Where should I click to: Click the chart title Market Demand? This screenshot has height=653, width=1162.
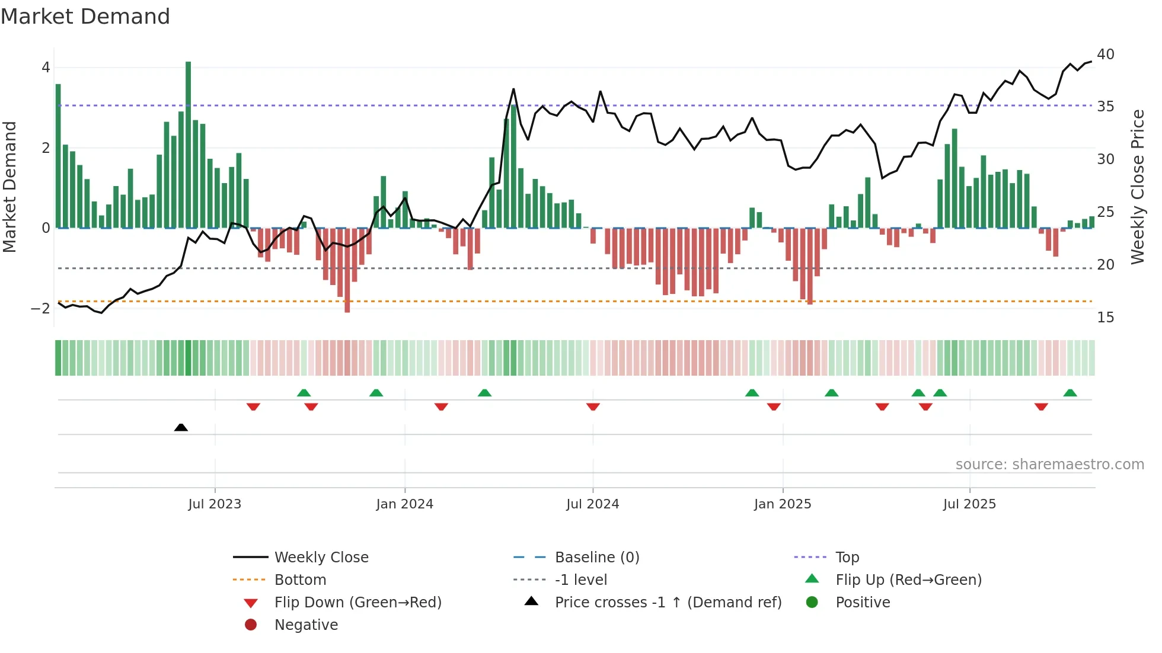(85, 17)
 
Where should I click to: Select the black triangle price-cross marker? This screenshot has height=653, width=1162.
(181, 427)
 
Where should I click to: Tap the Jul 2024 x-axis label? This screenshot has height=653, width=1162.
(592, 504)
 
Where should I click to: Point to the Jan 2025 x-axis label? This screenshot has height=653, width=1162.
(783, 504)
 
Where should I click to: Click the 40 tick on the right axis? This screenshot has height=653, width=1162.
(1105, 55)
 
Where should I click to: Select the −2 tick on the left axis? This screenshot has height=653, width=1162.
(40, 309)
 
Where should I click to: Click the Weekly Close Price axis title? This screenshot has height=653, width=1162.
(1137, 187)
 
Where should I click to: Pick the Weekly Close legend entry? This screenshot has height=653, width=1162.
(321, 558)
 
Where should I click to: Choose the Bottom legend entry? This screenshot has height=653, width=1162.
(300, 580)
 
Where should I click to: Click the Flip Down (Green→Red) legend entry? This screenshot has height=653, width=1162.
(357, 603)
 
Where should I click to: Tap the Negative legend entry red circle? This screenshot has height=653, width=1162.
(251, 625)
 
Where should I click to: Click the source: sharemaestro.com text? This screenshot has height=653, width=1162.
(1049, 465)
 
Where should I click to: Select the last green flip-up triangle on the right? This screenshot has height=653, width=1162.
(1070, 393)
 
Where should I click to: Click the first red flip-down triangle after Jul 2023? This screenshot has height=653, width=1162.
(253, 406)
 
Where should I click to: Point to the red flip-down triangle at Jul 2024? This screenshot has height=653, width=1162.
(593, 406)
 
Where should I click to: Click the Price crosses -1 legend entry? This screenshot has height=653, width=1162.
(668, 603)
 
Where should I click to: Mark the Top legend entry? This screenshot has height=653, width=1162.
(847, 558)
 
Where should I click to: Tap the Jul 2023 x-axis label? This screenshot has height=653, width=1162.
(215, 504)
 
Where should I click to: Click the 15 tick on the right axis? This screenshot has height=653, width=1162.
(1105, 318)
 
